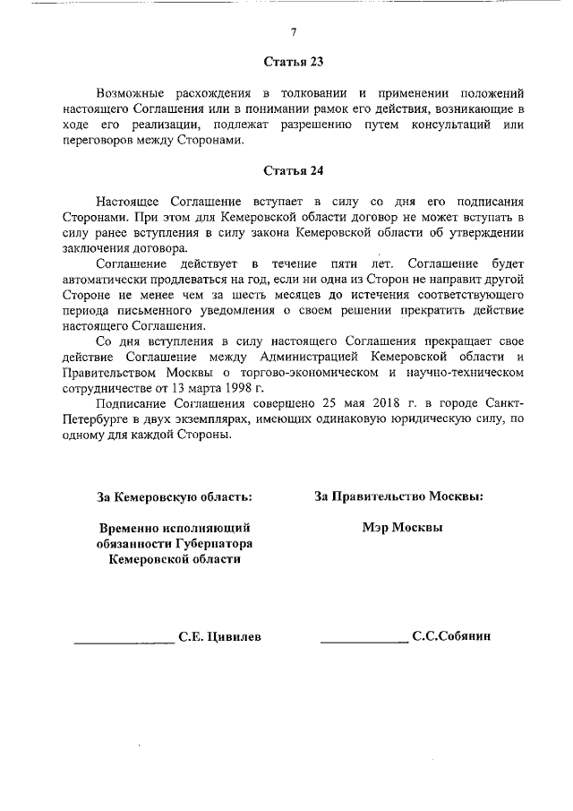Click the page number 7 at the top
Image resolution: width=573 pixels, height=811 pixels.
point(292,32)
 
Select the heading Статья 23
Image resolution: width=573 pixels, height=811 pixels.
point(292,63)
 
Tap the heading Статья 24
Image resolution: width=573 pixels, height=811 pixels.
point(292,170)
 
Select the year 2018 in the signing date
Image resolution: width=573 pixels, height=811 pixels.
point(354,405)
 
